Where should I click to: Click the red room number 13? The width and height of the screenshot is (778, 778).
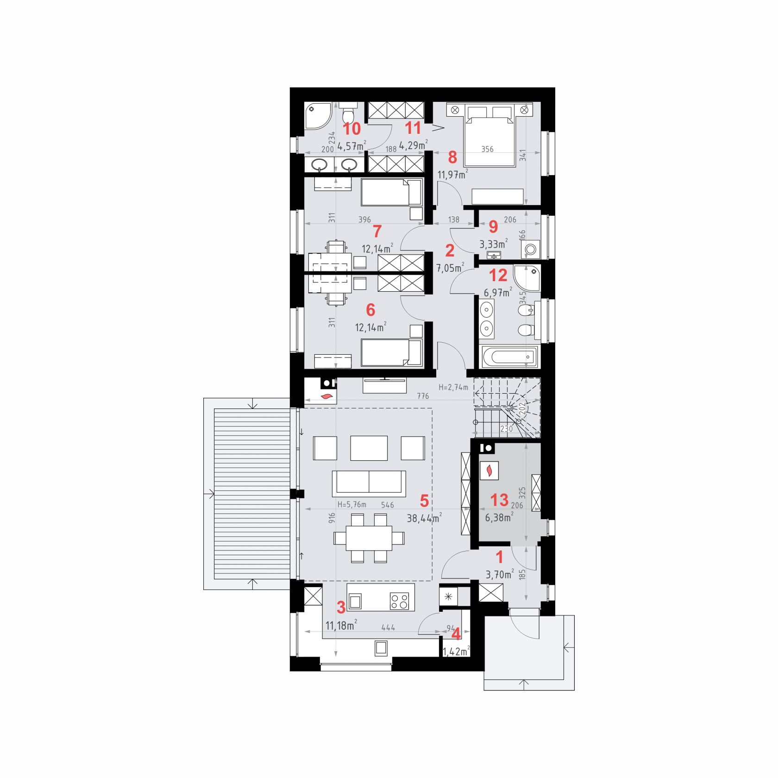pos(499,500)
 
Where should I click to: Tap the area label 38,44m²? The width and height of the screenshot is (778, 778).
pos(424,518)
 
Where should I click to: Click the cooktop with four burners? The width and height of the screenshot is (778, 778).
pos(400,601)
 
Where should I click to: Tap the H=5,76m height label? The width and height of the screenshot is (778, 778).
pos(351,504)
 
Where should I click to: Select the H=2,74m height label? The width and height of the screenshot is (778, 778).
pos(453,387)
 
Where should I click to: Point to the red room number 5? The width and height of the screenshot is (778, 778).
pos(424,501)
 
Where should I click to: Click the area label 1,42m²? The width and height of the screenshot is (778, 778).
pos(456,652)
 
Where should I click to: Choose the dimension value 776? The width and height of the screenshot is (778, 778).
pos(423,396)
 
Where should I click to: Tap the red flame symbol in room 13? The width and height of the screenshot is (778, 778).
pos(489,471)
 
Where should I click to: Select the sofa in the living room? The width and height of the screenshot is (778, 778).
pos(369,483)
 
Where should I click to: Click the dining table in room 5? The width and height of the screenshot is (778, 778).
pos(369,538)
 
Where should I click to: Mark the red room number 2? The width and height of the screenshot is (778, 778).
pos(449,251)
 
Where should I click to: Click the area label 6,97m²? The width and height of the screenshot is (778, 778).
pos(498,293)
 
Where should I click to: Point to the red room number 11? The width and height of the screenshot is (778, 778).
pos(413,128)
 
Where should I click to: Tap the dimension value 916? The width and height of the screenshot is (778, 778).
pos(332,518)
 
